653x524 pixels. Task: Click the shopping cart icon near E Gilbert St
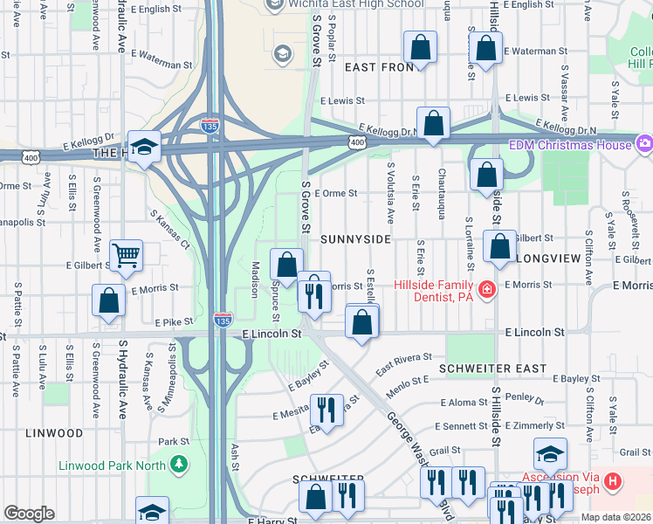point(126,254)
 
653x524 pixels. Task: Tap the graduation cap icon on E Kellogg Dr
point(144,145)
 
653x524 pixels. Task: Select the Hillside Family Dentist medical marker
point(487,289)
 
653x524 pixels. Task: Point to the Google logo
point(29,514)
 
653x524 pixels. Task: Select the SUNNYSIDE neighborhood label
point(355,238)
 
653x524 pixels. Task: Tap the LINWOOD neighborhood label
point(53,433)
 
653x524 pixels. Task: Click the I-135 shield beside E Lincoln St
point(223,320)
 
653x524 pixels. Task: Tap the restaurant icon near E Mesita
point(327,409)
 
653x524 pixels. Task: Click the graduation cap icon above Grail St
point(550,453)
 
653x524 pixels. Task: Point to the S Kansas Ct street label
point(169,230)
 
